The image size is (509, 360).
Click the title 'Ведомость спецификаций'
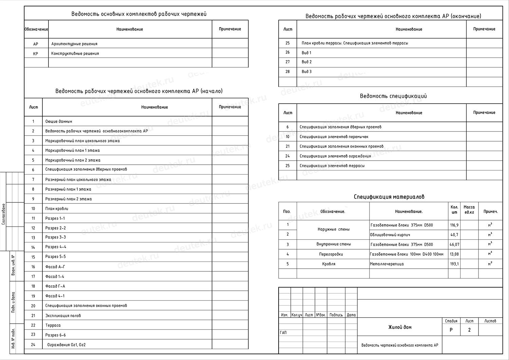pyautogui.click(x=393, y=96)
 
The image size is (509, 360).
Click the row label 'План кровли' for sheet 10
pyautogui.click(x=57, y=209)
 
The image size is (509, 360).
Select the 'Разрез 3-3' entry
pyautogui.click(x=56, y=237)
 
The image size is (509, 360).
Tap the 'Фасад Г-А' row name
pyautogui.click(x=55, y=286)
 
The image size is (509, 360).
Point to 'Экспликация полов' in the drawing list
pyautogui.click(x=63, y=316)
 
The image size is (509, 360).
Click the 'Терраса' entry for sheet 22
pyautogui.click(x=53, y=325)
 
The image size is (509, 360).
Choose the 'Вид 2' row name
pyautogui.click(x=306, y=62)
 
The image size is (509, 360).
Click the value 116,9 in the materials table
pyautogui.click(x=454, y=225)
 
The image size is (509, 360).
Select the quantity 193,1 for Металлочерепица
pyautogui.click(x=454, y=264)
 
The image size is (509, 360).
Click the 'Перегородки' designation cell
pyautogui.click(x=331, y=254)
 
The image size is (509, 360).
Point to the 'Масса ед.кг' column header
pyautogui.click(x=469, y=210)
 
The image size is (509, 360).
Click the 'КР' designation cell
pyautogui.click(x=36, y=54)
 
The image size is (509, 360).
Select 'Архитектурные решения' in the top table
pyautogui.click(x=74, y=44)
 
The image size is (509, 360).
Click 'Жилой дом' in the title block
pyautogui.click(x=400, y=327)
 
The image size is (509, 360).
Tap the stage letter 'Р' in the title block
pyautogui.click(x=451, y=330)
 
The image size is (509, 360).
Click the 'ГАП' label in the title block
pyautogui.click(x=283, y=333)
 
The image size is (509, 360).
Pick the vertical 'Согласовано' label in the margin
pyautogui.click(x=4, y=214)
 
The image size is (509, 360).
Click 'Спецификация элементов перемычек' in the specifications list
pyautogui.click(x=334, y=137)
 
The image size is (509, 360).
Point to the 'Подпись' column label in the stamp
pyautogui.click(x=336, y=315)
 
